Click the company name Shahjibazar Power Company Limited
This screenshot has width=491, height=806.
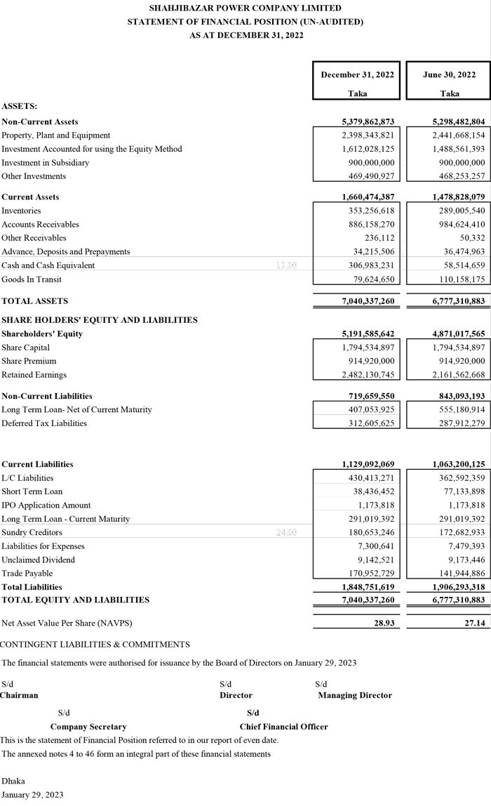pyautogui.click(x=245, y=8)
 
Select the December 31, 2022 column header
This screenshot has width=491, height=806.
pyautogui.click(x=357, y=75)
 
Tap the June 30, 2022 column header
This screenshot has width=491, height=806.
pyautogui.click(x=450, y=75)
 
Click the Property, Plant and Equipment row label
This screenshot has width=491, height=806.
pyautogui.click(x=56, y=136)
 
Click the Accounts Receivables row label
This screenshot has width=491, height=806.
pyautogui.click(x=41, y=225)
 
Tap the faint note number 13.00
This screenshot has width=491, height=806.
pyautogui.click(x=287, y=265)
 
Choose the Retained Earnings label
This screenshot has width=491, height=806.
pyautogui.click(x=34, y=375)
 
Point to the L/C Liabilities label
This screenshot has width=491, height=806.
pyautogui.click(x=27, y=458)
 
